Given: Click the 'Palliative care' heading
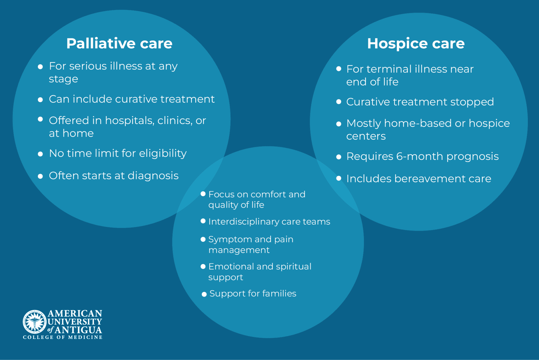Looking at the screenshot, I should click(119, 43).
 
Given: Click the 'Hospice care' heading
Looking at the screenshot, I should click(416, 43).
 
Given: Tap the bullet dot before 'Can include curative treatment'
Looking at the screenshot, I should click(40, 100).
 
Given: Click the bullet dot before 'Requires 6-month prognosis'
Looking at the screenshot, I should click(339, 157).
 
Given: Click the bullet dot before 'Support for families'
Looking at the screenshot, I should click(204, 294).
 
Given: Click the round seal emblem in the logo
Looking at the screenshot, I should click(34, 321).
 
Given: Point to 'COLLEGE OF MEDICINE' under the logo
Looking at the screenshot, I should click(63, 337).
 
